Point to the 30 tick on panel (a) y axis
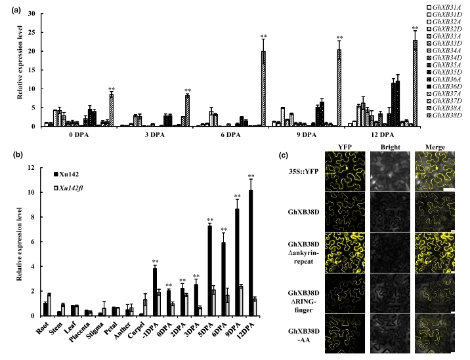click(37, 13)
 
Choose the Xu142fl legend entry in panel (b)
click(74, 188)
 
